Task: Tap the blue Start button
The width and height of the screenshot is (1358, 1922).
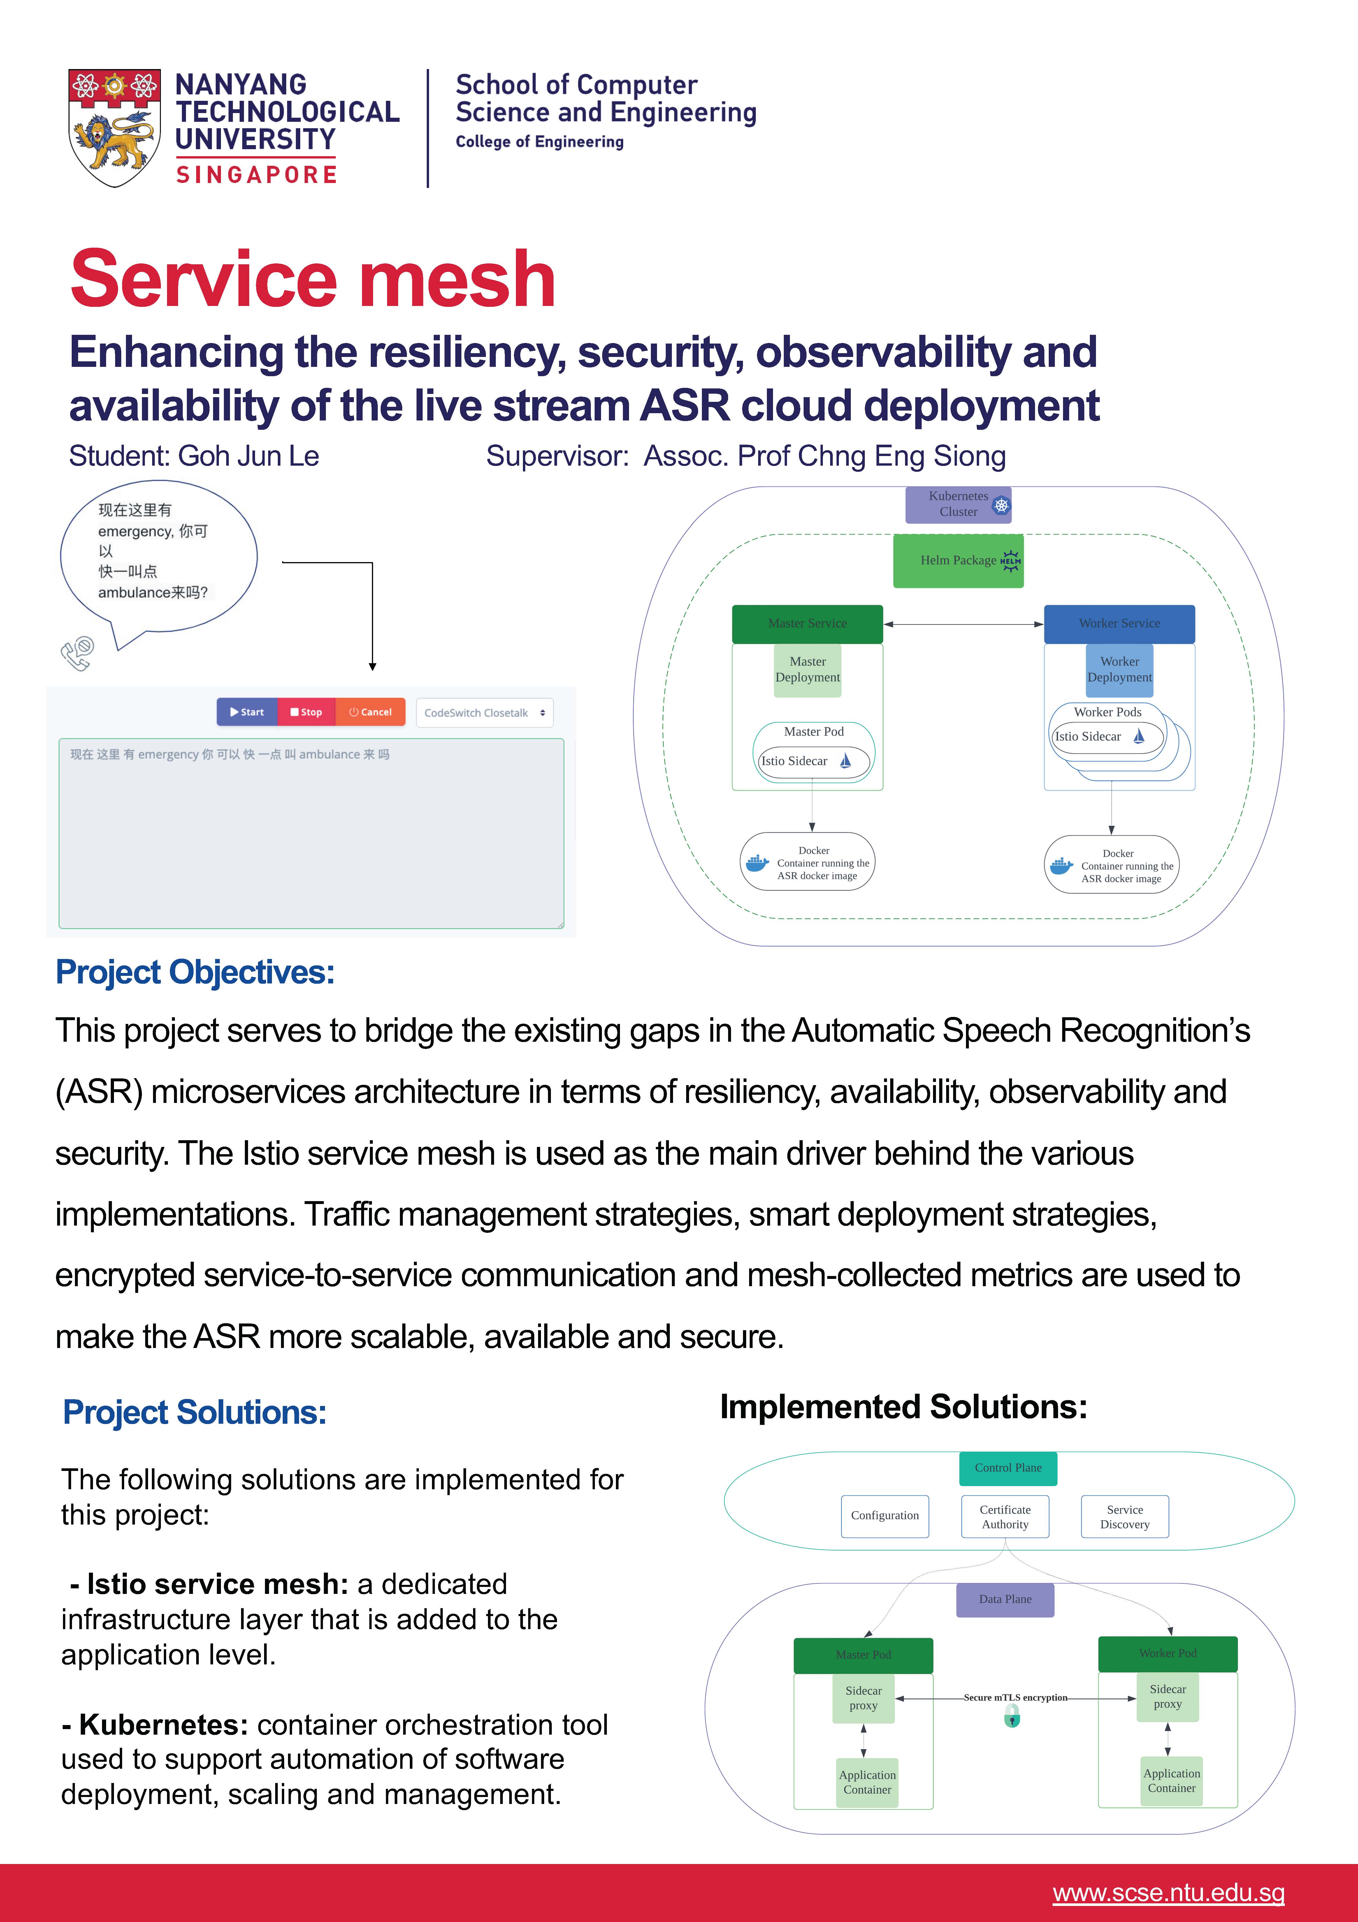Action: click(x=247, y=712)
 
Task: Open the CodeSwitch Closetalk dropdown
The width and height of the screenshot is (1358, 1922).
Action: click(x=484, y=712)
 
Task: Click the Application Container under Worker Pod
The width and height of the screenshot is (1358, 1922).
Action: click(x=1171, y=1780)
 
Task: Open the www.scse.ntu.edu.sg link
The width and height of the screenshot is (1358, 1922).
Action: click(x=1168, y=1893)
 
